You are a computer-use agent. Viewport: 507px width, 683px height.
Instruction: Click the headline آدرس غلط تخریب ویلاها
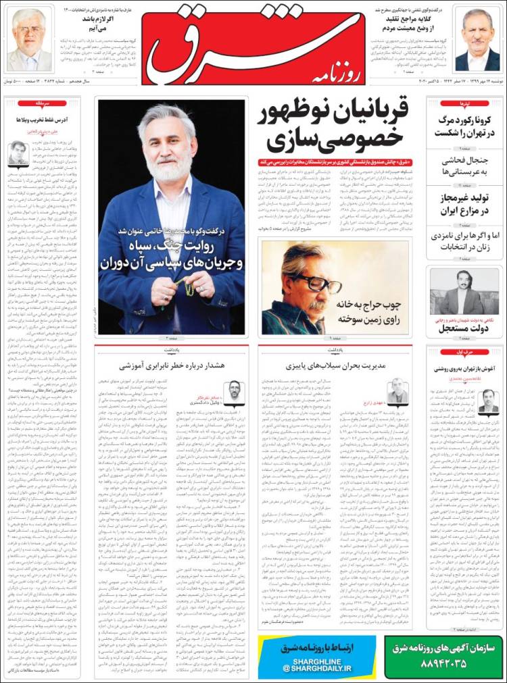coord(41,120)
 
